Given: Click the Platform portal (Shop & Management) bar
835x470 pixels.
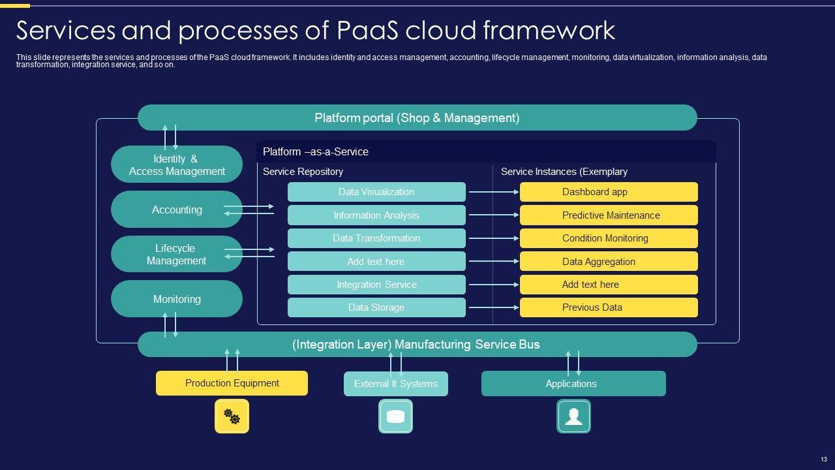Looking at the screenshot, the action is [x=417, y=117].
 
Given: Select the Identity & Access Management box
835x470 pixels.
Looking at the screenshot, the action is [x=177, y=164].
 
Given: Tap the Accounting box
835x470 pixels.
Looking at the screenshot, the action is [x=177, y=210].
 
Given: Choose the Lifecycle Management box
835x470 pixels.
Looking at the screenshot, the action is [x=177, y=254].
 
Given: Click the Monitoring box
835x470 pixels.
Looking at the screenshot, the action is [x=177, y=299].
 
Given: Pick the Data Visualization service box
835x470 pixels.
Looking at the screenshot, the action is [x=376, y=192].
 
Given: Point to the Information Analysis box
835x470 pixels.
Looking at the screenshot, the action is [x=376, y=215].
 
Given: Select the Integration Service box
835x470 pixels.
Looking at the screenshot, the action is [x=376, y=285].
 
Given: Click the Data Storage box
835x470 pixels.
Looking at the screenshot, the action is [x=376, y=307].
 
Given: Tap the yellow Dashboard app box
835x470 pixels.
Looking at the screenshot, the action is [x=609, y=192].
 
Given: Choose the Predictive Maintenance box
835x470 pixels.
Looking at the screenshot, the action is [x=609, y=215].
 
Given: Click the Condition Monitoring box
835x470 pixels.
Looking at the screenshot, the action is [x=609, y=238].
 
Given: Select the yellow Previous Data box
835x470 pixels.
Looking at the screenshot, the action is [x=609, y=307].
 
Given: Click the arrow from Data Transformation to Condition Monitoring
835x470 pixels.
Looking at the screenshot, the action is [x=494, y=238].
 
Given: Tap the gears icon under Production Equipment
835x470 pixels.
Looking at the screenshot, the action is [x=232, y=416].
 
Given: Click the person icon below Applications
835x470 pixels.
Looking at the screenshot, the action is [x=573, y=416].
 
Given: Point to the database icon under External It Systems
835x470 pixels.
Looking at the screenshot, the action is [x=395, y=416].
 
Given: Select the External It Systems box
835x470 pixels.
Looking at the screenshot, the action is [x=396, y=383].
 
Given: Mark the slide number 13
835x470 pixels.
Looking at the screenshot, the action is [x=824, y=459].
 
